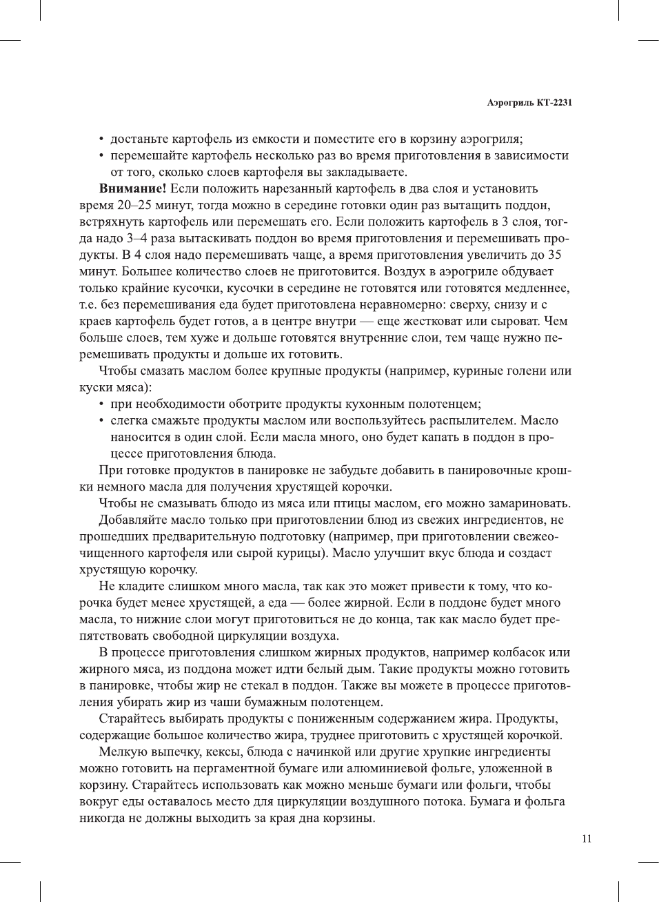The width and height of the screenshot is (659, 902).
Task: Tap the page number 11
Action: pyautogui.click(x=587, y=839)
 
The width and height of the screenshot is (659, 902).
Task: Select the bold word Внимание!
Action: pyautogui.click(x=132, y=188)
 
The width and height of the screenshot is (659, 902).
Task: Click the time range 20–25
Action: pyautogui.click(x=125, y=205)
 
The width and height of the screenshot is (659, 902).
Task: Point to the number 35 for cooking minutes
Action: pyautogui.click(x=554, y=255)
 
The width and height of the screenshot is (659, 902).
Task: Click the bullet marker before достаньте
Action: pyautogui.click(x=102, y=139)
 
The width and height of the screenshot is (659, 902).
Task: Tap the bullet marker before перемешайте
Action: pyautogui.click(x=102, y=156)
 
